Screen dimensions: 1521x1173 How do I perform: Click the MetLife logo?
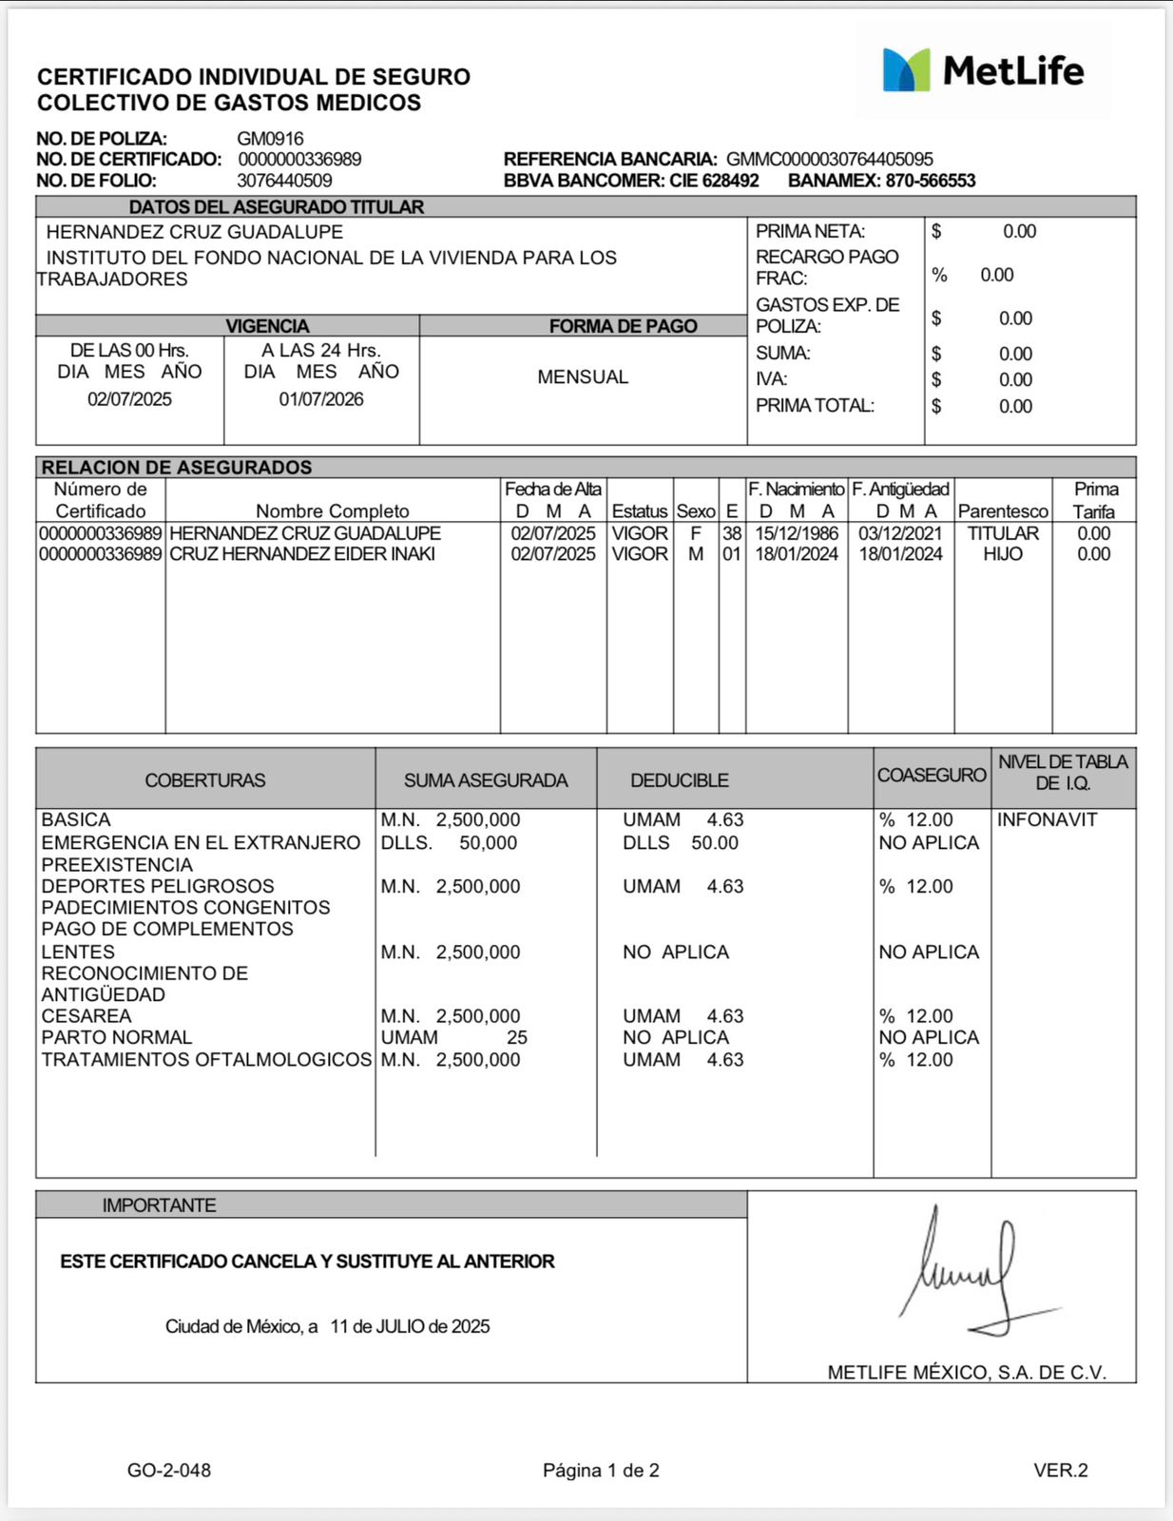(983, 70)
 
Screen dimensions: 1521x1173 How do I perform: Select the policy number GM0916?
(270, 139)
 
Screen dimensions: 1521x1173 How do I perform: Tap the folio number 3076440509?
(284, 181)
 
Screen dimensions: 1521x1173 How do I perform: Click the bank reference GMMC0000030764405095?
(829, 160)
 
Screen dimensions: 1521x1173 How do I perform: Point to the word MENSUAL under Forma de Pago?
(583, 377)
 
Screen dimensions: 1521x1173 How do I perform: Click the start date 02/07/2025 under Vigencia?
(129, 399)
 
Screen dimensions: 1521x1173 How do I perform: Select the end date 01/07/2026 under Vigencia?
(321, 399)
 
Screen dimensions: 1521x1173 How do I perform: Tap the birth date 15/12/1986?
(797, 533)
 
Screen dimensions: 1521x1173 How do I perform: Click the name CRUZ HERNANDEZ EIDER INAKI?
(302, 554)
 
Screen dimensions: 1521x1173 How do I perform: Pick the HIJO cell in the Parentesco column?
(1003, 554)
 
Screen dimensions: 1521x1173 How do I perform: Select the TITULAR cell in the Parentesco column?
(1003, 533)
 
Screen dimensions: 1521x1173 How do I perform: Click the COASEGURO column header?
(932, 776)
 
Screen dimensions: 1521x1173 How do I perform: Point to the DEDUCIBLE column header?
(680, 780)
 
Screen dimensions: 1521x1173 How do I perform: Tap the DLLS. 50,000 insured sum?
(449, 843)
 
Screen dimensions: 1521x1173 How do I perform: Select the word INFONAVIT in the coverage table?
(1047, 819)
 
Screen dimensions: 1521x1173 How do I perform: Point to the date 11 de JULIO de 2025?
(410, 1326)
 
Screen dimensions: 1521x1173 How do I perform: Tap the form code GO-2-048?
(169, 1471)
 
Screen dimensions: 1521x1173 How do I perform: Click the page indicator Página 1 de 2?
(601, 1471)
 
